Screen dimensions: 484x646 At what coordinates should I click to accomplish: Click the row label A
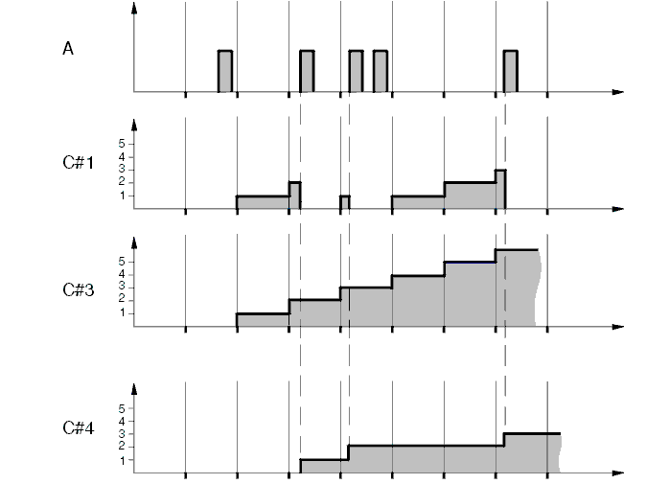click(68, 49)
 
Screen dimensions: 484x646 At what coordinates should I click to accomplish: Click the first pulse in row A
click(225, 71)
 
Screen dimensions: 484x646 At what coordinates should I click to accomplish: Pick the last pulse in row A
click(511, 71)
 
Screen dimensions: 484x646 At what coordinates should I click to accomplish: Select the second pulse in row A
click(307, 71)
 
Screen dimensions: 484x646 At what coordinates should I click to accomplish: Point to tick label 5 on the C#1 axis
click(122, 143)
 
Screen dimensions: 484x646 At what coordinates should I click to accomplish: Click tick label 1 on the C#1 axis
click(122, 196)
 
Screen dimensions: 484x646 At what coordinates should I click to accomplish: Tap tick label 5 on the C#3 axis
click(122, 261)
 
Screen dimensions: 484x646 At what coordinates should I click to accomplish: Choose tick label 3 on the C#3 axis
click(122, 287)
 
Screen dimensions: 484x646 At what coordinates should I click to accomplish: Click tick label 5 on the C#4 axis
click(122, 408)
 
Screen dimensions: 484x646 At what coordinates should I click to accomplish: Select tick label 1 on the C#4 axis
click(122, 460)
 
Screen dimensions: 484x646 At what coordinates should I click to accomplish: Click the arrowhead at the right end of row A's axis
click(617, 92)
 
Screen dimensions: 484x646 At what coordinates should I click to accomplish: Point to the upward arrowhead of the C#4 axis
click(134, 390)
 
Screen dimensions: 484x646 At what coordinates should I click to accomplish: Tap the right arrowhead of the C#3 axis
click(617, 327)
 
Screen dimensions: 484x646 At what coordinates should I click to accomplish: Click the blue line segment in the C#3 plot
click(470, 262)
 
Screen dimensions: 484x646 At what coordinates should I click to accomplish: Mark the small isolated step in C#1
click(345, 201)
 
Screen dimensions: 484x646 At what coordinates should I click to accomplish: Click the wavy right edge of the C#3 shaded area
click(539, 288)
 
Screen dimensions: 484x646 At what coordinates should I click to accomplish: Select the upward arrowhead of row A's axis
click(134, 8)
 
